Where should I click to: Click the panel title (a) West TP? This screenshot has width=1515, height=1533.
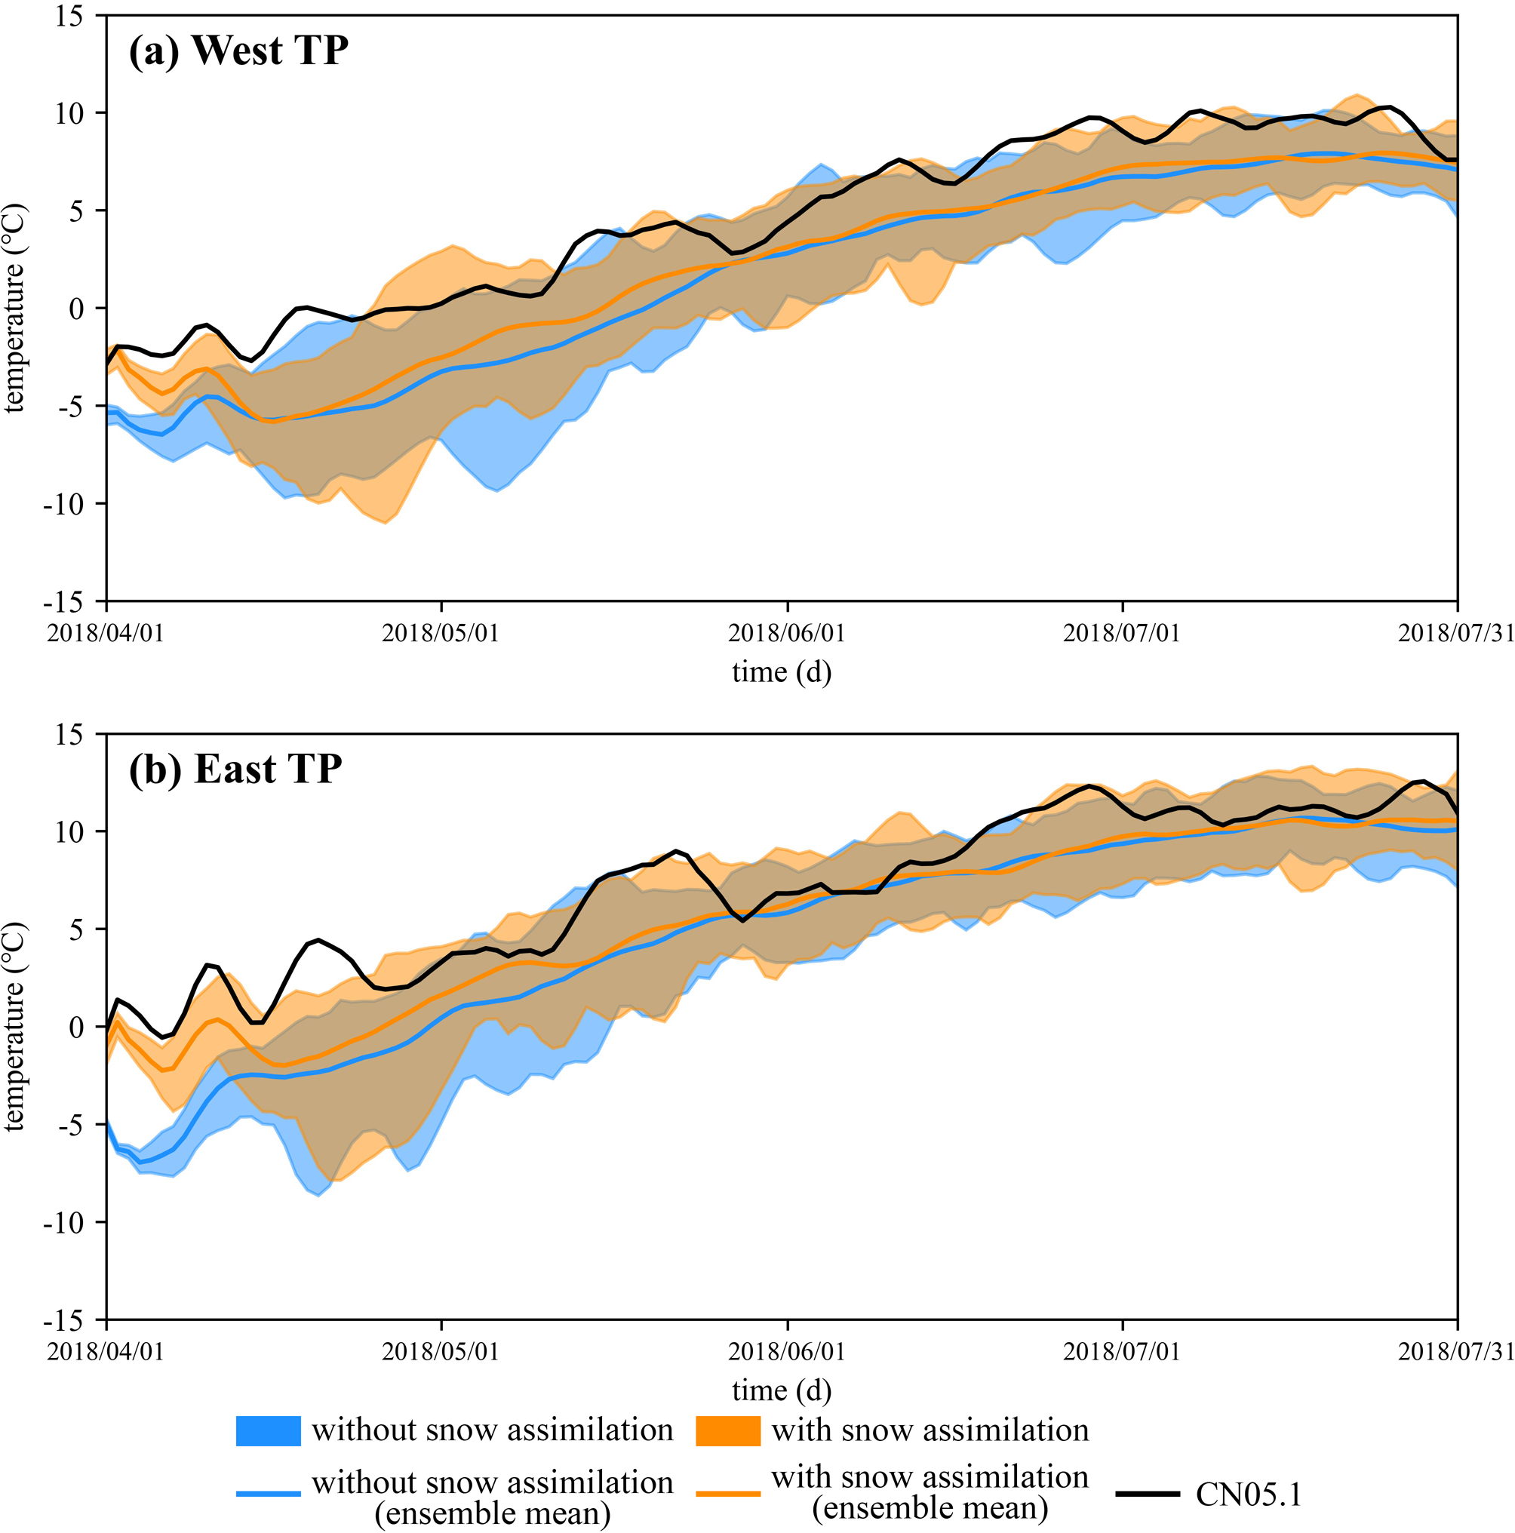[x=238, y=51]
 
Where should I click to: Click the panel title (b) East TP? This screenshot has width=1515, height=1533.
[x=235, y=769]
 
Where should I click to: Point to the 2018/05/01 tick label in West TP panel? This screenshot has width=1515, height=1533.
[x=441, y=633]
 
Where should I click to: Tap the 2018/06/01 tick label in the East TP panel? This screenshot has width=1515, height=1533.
[x=786, y=1350]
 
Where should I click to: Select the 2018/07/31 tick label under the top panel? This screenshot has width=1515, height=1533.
[x=1455, y=633]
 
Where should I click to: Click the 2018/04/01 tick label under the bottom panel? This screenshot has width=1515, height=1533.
[x=106, y=1350]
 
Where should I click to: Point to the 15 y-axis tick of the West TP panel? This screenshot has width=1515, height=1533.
[x=70, y=16]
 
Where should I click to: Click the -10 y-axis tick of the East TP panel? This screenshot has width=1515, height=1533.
[x=63, y=1222]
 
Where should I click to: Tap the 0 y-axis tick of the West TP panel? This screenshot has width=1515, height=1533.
[x=76, y=309]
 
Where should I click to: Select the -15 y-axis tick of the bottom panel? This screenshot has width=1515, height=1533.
[x=63, y=1319]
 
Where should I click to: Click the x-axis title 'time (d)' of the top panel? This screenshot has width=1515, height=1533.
[x=781, y=672]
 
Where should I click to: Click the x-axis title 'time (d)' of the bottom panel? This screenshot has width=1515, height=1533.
[x=781, y=1390]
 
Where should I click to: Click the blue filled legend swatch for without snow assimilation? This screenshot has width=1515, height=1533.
[x=269, y=1430]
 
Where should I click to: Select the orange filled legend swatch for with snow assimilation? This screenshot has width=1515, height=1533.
[x=728, y=1430]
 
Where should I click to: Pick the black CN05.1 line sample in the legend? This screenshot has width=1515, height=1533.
[x=1147, y=1494]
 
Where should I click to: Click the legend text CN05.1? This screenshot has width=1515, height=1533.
[x=1249, y=1494]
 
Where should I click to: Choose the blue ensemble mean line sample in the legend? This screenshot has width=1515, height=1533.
[x=269, y=1494]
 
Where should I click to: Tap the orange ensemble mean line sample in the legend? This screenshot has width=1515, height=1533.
[x=728, y=1494]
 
